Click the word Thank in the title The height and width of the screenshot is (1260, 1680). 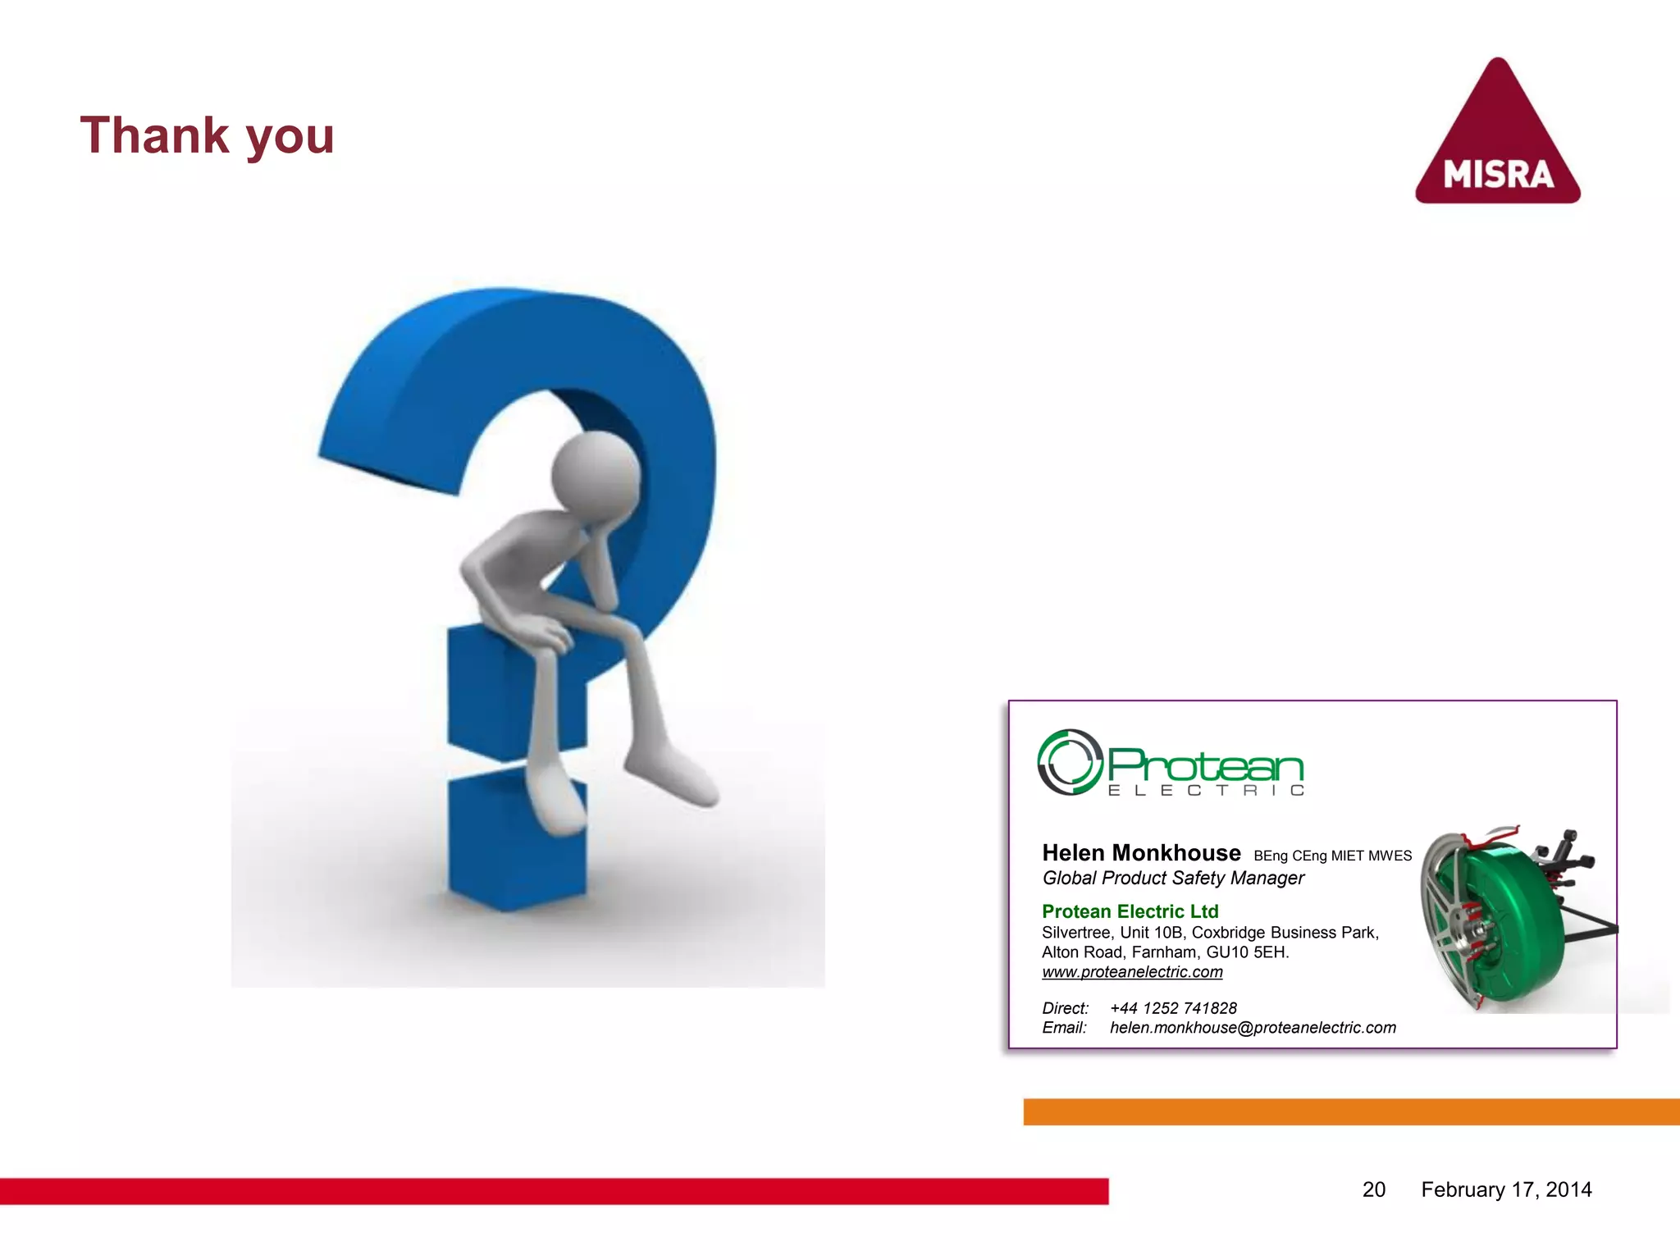pyautogui.click(x=154, y=135)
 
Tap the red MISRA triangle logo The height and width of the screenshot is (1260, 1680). pyautogui.click(x=1498, y=144)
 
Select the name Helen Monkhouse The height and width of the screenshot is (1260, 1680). pyautogui.click(x=1141, y=853)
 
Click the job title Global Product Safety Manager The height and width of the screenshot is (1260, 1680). pyautogui.click(x=1173, y=879)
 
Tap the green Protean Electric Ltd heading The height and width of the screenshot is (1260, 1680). pyautogui.click(x=1130, y=911)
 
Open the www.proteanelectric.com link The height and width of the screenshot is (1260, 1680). pyautogui.click(x=1132, y=972)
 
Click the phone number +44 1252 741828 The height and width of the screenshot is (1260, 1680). pyautogui.click(x=1173, y=1008)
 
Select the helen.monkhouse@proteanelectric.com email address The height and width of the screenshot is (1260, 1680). pyautogui.click(x=1253, y=1028)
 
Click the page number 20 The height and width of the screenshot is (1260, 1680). pyautogui.click(x=1374, y=1189)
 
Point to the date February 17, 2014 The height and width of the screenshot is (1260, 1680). pyautogui.click(x=1506, y=1189)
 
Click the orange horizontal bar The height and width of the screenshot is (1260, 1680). pyautogui.click(x=1351, y=1112)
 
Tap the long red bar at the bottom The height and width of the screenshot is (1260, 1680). pyautogui.click(x=554, y=1191)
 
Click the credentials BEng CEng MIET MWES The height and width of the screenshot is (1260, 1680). pyautogui.click(x=1332, y=856)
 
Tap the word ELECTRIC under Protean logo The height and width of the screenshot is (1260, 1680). pyautogui.click(x=1206, y=791)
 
